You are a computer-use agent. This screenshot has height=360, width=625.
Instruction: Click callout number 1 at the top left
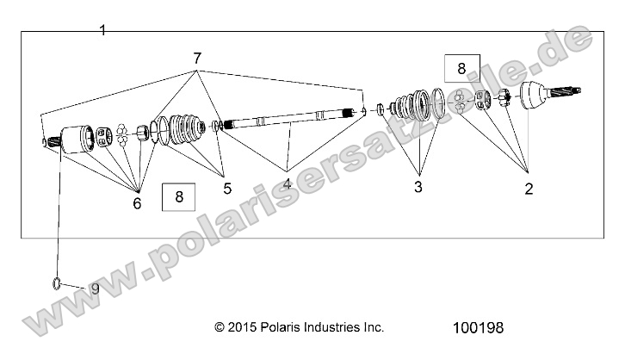102,30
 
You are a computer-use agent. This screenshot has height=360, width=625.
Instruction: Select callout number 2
529,189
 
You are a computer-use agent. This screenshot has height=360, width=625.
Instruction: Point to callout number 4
287,183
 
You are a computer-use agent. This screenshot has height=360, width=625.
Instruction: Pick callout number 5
227,186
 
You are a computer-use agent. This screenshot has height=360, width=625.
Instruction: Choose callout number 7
197,59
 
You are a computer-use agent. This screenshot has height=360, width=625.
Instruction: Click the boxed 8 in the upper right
461,68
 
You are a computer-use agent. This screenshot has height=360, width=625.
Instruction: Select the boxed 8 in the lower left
179,197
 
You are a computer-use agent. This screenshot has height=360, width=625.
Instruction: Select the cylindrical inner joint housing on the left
80,140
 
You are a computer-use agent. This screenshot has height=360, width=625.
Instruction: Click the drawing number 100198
477,328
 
